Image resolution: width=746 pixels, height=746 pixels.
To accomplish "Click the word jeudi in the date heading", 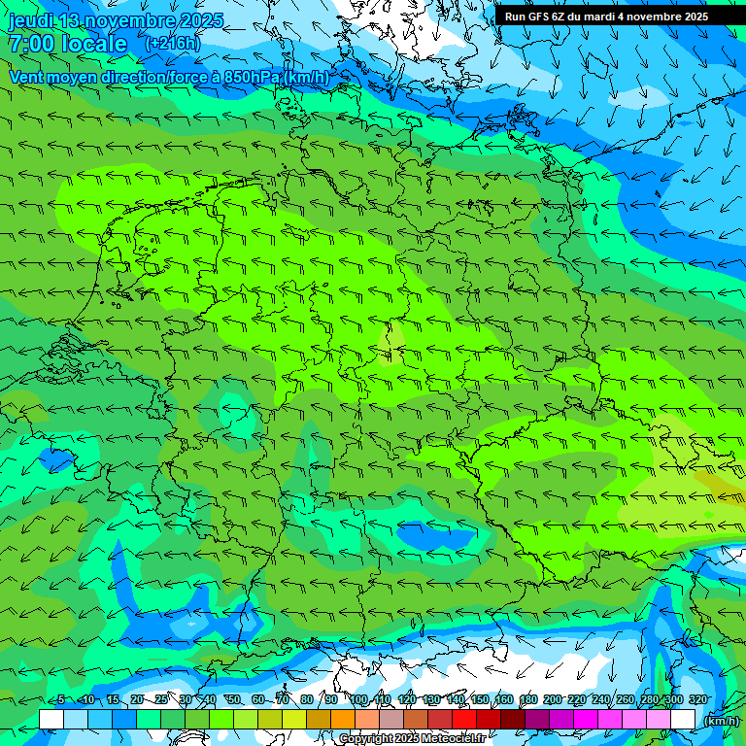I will (x=30, y=20).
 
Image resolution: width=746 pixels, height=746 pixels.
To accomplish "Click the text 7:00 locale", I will (x=67, y=44).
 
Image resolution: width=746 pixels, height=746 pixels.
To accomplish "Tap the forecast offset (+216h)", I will (x=172, y=44).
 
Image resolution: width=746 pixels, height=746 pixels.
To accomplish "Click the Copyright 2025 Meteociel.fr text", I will (x=413, y=739).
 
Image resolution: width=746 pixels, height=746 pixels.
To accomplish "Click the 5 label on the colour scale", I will (x=61, y=700).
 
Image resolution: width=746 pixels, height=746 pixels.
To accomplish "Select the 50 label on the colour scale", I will (x=233, y=700).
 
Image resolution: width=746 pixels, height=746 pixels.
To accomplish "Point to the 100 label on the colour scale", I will (x=359, y=700).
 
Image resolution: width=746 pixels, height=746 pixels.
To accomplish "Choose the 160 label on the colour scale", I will (x=504, y=700).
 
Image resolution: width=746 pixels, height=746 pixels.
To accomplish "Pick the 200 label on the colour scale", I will (x=553, y=700).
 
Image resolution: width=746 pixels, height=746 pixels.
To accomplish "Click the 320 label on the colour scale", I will (x=698, y=700).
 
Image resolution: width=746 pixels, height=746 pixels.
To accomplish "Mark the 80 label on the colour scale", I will (x=306, y=700).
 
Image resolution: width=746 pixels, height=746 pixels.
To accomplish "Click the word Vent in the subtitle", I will (x=28, y=77).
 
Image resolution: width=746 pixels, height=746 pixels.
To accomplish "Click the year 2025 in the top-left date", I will (x=202, y=20).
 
